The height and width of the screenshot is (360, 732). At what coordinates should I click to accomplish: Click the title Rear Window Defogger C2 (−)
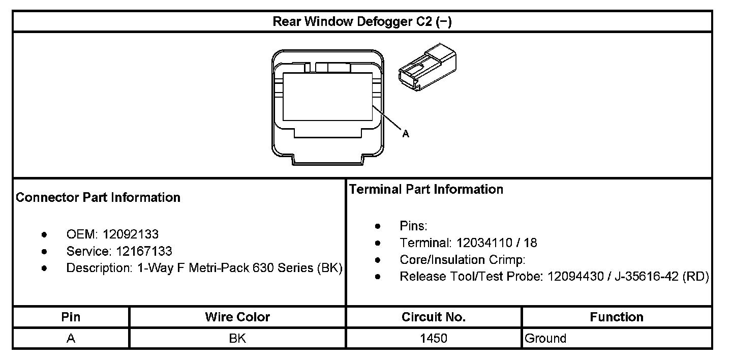point(362,22)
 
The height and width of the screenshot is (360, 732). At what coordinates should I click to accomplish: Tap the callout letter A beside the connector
point(406,134)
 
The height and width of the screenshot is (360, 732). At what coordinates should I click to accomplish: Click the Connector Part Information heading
point(98,197)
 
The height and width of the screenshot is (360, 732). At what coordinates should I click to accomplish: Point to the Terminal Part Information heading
point(426,189)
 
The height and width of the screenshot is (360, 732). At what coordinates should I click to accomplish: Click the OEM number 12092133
point(131,234)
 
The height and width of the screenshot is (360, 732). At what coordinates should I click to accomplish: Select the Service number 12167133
point(144,251)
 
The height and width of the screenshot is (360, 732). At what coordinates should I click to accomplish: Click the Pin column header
point(71,317)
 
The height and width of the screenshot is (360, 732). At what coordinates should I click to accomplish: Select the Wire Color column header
point(237,317)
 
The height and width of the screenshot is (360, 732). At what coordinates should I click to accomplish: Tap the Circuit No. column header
point(434,317)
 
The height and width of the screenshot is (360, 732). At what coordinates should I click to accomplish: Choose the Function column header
point(617,317)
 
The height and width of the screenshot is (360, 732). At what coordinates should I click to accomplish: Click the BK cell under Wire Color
point(237,339)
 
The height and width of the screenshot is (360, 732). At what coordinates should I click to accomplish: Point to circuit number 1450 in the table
point(434,339)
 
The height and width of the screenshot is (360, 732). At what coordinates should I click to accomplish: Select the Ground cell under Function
point(545,339)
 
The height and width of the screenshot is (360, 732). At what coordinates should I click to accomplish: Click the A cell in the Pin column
point(71,339)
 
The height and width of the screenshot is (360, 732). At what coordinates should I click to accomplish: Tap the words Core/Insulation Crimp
point(462,260)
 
